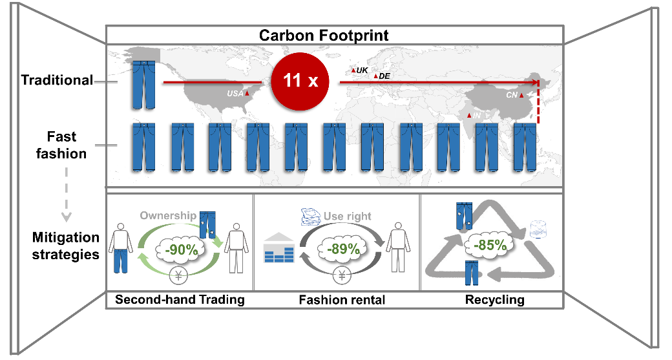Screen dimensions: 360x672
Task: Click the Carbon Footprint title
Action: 333,35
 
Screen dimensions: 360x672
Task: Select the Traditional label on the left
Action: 57,80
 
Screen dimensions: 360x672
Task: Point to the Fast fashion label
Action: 61,145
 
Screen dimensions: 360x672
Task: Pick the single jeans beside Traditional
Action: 143,78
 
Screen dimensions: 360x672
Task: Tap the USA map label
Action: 235,94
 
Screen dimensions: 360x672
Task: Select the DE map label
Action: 384,76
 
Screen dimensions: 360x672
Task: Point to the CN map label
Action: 512,94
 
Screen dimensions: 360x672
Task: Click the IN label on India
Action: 476,116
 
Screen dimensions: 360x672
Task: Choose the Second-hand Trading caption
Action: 179,300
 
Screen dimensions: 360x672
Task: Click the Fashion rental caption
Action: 342,300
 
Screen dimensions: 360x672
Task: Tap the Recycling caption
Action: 495,300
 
